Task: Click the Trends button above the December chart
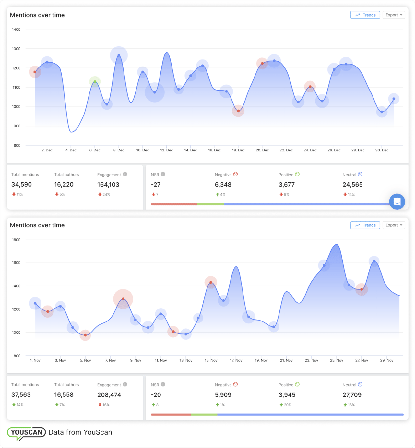[x=365, y=15]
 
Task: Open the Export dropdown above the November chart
[x=394, y=225]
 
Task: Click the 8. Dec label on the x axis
[x=119, y=150]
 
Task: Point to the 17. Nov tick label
[x=236, y=360]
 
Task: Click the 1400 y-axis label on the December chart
[x=16, y=30]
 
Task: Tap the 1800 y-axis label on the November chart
[x=16, y=240]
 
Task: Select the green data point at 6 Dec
[x=95, y=82]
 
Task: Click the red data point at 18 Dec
[x=238, y=111]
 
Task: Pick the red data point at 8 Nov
[x=123, y=299]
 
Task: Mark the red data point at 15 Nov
[x=211, y=282]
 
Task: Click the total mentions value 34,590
[x=21, y=185]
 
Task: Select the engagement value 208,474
[x=109, y=395]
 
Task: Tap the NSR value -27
[x=156, y=185]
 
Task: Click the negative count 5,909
[x=223, y=395]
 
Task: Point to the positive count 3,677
[x=287, y=185]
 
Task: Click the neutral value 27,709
[x=352, y=395]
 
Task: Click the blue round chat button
[x=397, y=201]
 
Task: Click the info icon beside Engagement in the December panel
[x=125, y=174]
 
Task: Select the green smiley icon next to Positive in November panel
[x=297, y=384]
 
